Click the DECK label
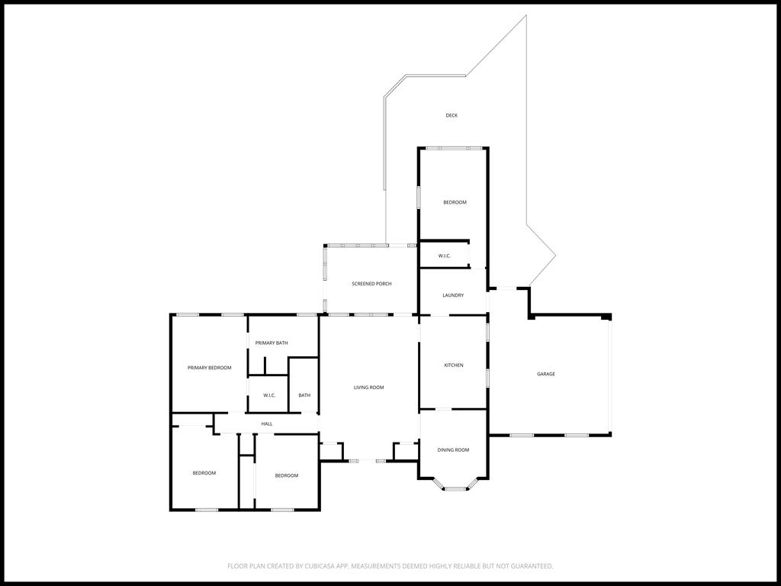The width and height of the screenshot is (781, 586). click(452, 115)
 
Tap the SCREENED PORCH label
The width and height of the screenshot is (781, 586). click(371, 284)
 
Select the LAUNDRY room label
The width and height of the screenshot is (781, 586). click(453, 295)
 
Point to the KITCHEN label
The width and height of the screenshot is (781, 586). click(454, 365)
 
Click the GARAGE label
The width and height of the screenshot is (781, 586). click(546, 374)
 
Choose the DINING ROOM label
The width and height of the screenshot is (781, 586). click(453, 450)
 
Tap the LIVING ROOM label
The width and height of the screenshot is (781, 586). click(368, 388)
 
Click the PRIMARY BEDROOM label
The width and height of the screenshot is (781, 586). click(209, 368)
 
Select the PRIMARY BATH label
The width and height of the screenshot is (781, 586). click(272, 343)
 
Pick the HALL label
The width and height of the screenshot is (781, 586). click(267, 424)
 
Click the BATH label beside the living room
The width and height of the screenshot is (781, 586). click(304, 395)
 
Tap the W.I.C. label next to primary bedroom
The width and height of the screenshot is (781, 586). click(269, 395)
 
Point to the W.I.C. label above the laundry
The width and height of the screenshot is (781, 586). click(445, 256)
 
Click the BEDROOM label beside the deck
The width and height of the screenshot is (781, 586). click(455, 202)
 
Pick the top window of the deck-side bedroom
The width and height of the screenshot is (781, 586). click(453, 147)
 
